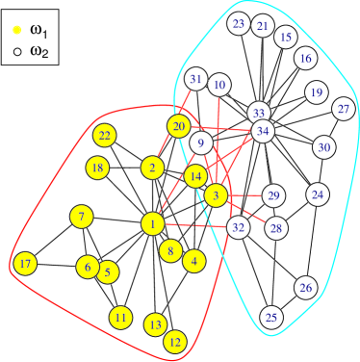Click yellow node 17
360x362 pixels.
25,264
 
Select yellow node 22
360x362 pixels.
105,136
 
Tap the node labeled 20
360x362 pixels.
178,126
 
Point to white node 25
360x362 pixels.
271,318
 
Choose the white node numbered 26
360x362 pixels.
306,288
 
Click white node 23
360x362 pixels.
240,23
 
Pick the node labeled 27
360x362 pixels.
344,109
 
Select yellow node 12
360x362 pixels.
175,341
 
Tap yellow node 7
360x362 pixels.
82,216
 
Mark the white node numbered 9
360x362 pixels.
200,144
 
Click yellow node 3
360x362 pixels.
216,195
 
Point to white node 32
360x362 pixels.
240,227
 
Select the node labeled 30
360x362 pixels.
323,147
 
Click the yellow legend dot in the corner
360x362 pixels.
17,30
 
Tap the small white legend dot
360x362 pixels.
17,51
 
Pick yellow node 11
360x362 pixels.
120,317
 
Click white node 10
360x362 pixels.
219,86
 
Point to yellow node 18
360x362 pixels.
96,168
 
